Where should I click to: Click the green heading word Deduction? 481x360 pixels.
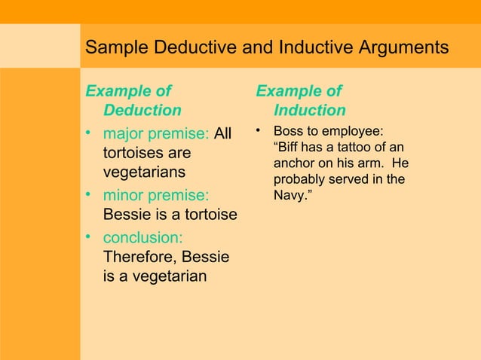[142, 111]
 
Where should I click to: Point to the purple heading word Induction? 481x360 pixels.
[310, 111]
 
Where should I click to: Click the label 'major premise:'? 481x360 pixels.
[156, 134]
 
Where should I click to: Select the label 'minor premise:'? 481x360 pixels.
[156, 195]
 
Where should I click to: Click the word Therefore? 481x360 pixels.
[138, 257]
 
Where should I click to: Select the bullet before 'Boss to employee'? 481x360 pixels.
[259, 132]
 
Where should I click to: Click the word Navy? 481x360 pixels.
[291, 196]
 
